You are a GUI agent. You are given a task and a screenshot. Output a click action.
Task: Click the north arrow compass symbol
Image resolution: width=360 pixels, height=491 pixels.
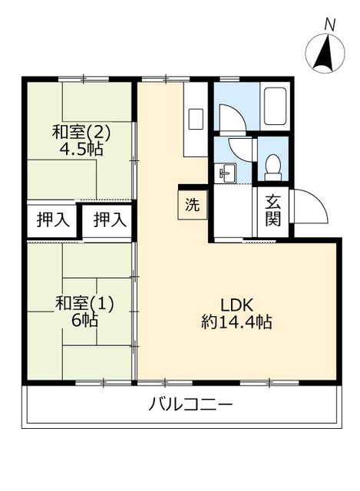click(x=325, y=53)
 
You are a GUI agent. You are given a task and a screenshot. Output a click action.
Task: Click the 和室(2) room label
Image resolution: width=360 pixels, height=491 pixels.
click(x=81, y=132)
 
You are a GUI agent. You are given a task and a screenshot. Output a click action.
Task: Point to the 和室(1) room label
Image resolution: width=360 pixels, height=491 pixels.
click(x=84, y=303)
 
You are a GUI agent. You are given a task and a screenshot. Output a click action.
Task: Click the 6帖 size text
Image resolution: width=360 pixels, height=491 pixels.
click(x=84, y=321)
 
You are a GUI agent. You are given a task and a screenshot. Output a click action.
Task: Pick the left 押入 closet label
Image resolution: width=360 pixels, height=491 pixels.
click(x=53, y=220)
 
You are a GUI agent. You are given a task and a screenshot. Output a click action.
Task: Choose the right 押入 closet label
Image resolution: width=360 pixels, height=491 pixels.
click(x=109, y=220)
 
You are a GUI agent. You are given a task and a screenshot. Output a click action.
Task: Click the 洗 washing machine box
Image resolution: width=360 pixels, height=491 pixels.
click(x=193, y=206)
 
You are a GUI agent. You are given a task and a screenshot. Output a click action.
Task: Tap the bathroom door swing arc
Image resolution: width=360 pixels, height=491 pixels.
click(x=233, y=117)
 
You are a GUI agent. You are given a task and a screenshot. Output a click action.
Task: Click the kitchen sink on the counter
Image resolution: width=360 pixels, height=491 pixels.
click(x=196, y=119)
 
